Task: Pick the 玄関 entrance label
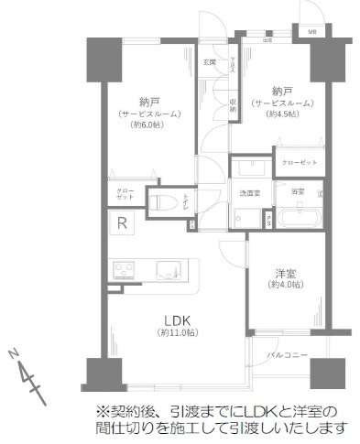click(x=209, y=62)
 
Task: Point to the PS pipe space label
click(x=267, y=222)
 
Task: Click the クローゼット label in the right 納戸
click(x=299, y=162)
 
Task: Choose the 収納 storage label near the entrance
click(x=235, y=103)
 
